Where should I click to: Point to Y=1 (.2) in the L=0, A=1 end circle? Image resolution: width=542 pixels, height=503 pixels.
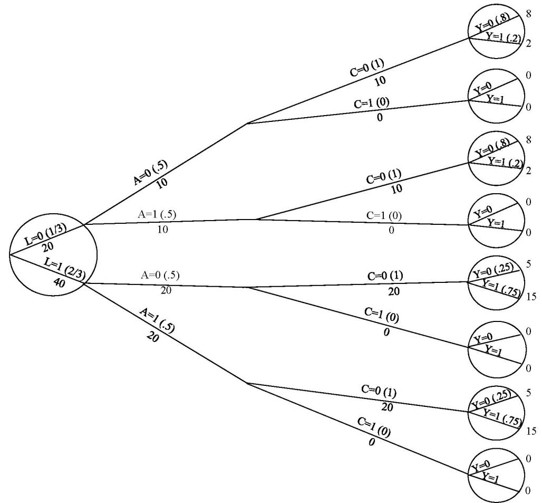point(504,161)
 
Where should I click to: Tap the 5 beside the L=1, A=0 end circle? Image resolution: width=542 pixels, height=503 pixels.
point(528,263)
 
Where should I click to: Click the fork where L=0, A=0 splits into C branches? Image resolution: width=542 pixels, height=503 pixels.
point(248,124)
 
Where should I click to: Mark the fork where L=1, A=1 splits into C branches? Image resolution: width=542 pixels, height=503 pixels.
point(248,383)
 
